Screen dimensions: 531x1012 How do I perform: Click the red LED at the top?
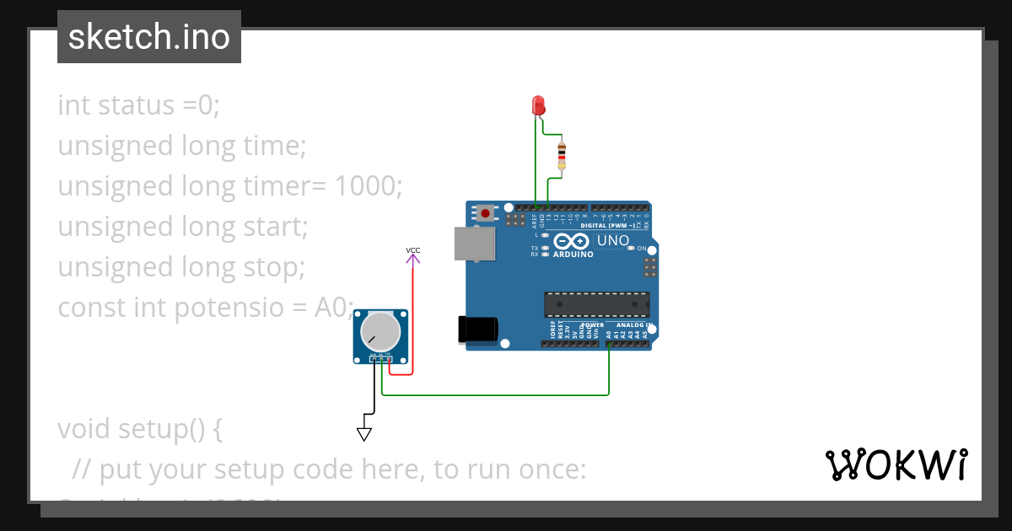[539, 105]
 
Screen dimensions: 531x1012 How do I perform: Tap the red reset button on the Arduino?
[487, 214]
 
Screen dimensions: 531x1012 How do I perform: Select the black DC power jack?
[474, 330]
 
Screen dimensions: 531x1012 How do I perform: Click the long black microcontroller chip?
[597, 304]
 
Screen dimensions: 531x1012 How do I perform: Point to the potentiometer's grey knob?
[379, 332]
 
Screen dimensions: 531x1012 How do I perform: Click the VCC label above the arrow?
[413, 250]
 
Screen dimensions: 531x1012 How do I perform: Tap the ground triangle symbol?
[364, 434]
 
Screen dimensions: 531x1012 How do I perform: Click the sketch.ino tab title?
[149, 37]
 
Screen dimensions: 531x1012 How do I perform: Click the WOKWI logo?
[896, 465]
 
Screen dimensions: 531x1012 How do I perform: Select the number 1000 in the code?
[368, 186]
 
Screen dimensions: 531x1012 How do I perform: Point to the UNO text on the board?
[613, 240]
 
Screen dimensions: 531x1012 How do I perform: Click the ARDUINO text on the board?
[573, 254]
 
